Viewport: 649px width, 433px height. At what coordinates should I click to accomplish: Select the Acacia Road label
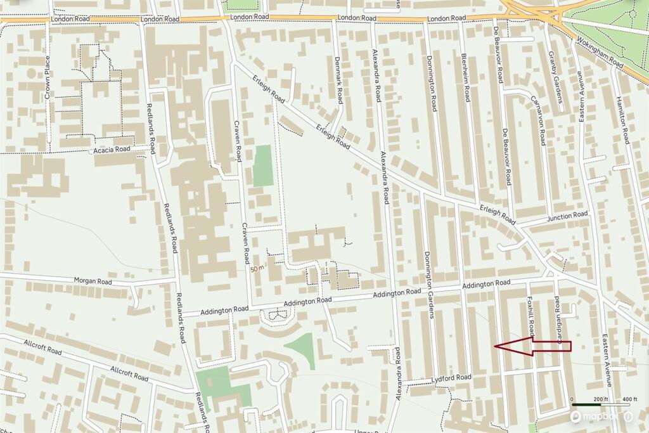click(112, 149)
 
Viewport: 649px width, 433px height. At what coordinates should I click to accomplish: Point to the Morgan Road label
click(93, 281)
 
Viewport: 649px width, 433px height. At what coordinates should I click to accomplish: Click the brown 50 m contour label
click(257, 269)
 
